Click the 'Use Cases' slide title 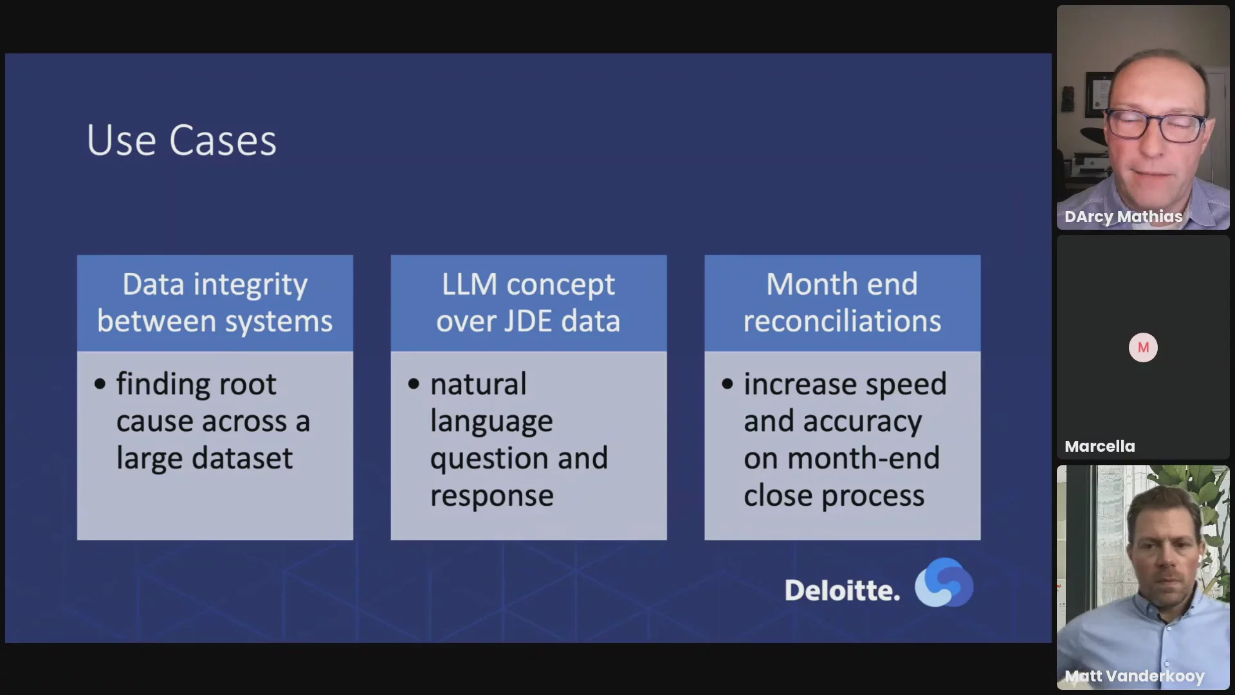181,140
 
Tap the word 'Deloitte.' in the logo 841,591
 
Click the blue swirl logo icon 944,582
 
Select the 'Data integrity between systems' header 215,302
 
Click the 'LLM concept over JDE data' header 528,302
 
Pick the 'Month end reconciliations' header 842,302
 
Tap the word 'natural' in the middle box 478,384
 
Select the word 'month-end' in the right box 863,458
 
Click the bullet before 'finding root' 100,385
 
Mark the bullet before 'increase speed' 727,385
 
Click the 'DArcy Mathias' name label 1123,216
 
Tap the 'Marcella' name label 1099,446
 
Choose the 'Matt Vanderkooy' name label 1134,676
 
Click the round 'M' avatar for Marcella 1143,347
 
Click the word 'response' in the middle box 491,496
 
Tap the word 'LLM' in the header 469,284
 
